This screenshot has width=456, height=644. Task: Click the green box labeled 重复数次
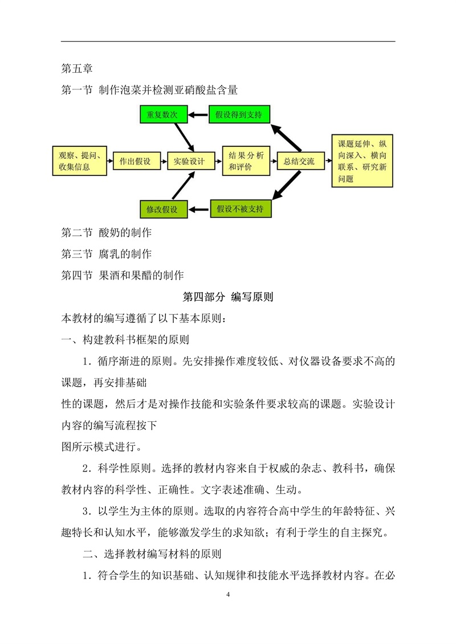(x=164, y=114)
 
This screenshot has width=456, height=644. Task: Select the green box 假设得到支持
(x=239, y=114)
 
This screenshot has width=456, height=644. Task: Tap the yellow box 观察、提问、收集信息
(x=79, y=161)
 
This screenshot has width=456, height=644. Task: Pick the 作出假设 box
(x=135, y=161)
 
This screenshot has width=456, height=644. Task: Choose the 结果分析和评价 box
(x=246, y=161)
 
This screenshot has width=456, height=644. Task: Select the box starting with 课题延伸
(x=363, y=161)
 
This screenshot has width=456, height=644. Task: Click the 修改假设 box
(x=164, y=209)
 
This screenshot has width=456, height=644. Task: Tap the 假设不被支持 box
(x=241, y=208)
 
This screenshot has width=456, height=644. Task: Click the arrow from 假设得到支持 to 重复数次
(x=198, y=114)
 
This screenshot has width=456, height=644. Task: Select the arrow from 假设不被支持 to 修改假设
(x=199, y=210)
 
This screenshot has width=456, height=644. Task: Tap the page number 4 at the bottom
(x=228, y=594)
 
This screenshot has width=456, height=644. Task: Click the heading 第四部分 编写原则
(x=228, y=297)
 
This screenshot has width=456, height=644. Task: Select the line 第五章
(x=77, y=68)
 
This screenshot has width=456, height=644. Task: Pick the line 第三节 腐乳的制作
(x=107, y=254)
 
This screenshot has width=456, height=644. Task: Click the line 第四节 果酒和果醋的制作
(x=123, y=275)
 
